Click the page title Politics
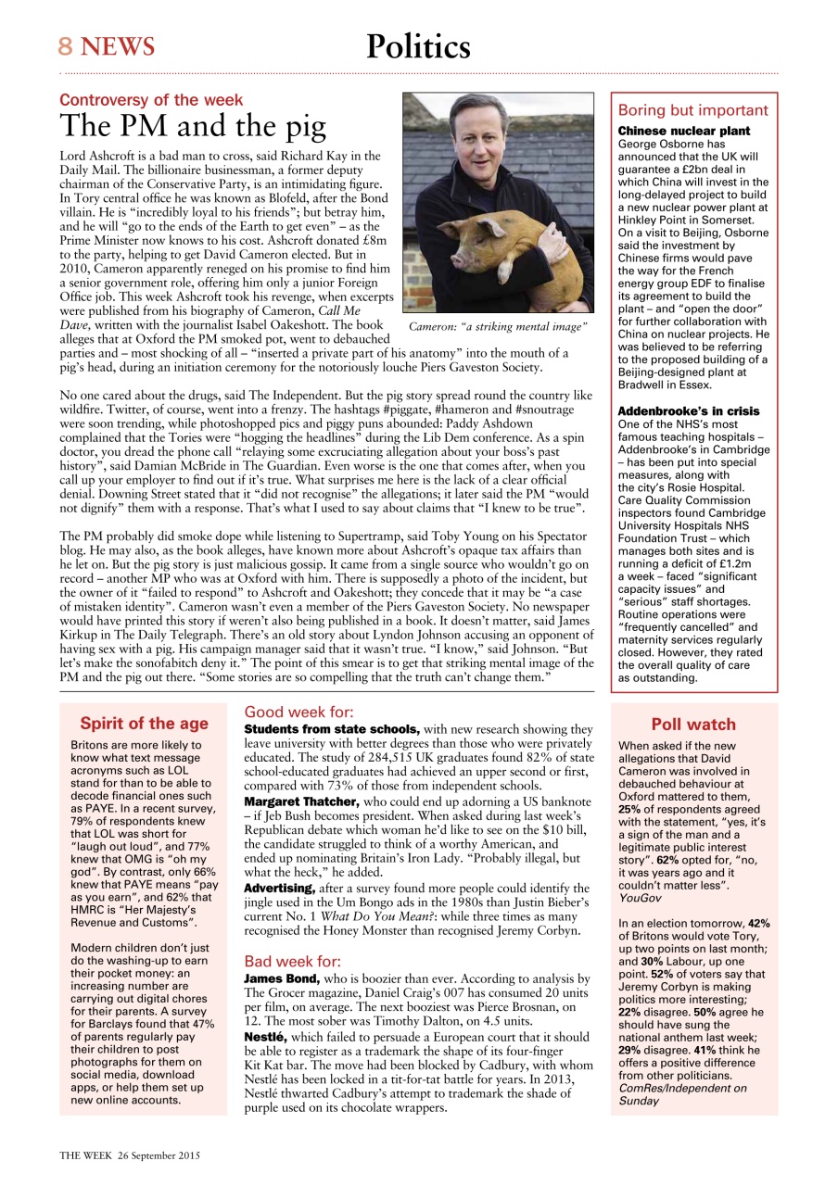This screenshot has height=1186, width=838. point(418,45)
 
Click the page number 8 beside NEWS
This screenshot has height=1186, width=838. point(66,46)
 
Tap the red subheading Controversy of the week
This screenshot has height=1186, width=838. point(151,100)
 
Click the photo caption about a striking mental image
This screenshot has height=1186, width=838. point(498,326)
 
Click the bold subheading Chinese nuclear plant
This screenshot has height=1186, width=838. point(683,132)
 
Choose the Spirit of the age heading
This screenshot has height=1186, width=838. point(144,724)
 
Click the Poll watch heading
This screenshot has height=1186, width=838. point(692,725)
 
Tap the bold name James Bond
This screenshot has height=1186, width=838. point(282,978)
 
